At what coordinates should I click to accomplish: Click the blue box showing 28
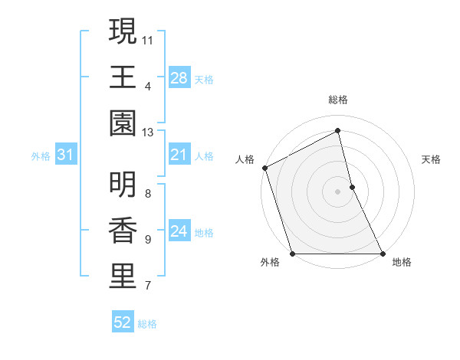179,77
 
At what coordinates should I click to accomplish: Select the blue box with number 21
179,155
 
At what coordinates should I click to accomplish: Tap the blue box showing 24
179,232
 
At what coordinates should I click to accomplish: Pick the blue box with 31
65,155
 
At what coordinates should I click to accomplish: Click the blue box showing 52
123,323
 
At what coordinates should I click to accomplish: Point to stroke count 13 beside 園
148,133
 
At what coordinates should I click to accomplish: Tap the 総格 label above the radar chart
338,100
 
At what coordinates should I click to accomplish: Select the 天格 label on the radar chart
432,159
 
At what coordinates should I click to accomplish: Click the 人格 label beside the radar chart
245,159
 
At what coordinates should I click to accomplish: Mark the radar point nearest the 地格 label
382,254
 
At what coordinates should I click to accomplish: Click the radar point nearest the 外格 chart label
292,254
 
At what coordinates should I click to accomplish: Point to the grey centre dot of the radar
337,191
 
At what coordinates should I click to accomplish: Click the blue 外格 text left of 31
41,156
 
